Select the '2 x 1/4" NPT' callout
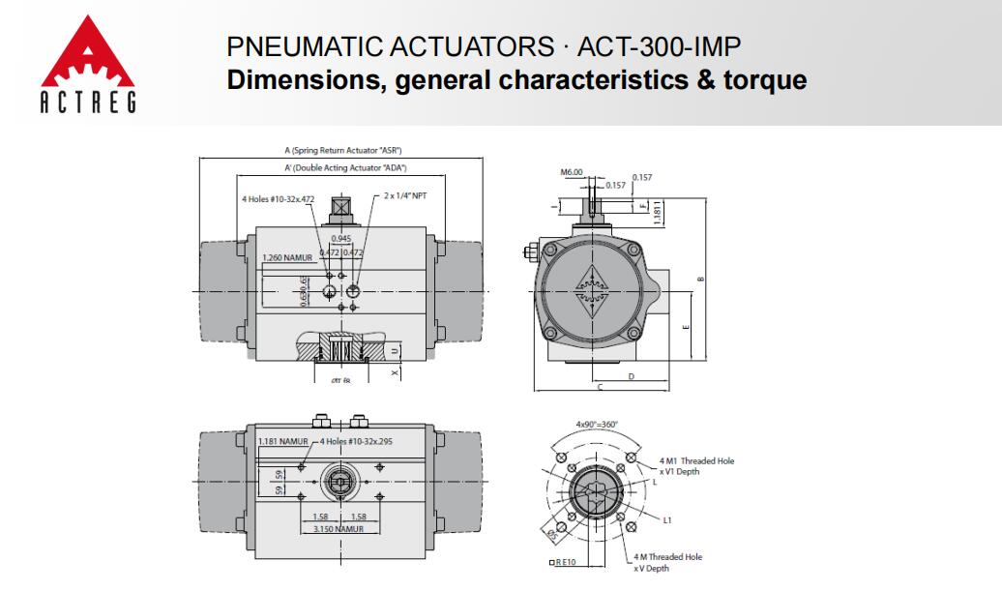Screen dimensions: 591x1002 pyautogui.click(x=406, y=195)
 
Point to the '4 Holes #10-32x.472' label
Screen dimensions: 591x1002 pyautogui.click(x=279, y=199)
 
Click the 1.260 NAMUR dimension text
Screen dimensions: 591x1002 pyautogui.click(x=286, y=258)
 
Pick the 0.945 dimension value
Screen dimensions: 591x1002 pyautogui.click(x=341, y=238)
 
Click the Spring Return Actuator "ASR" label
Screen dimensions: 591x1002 pyautogui.click(x=343, y=151)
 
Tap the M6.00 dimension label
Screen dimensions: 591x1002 pyautogui.click(x=572, y=172)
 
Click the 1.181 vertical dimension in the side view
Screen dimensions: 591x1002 pyautogui.click(x=658, y=213)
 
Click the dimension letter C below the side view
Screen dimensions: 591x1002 pyautogui.click(x=600, y=387)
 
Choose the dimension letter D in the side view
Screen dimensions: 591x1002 pyautogui.click(x=631, y=375)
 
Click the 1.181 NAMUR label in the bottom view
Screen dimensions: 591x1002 pyautogui.click(x=282, y=442)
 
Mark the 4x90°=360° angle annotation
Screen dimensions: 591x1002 pyautogui.click(x=597, y=425)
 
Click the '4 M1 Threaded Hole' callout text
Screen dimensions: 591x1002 pyautogui.click(x=696, y=460)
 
